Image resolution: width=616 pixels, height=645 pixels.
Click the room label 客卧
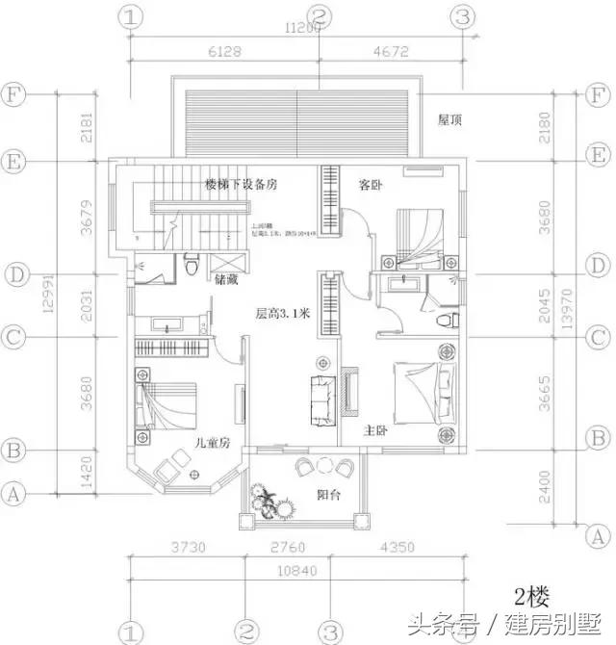point(372,183)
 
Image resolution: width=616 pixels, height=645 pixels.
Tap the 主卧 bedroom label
point(375,430)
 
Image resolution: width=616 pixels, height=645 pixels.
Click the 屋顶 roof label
point(451,121)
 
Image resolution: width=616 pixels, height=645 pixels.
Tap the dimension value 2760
point(286,549)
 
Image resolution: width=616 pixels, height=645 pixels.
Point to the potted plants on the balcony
point(269,503)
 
